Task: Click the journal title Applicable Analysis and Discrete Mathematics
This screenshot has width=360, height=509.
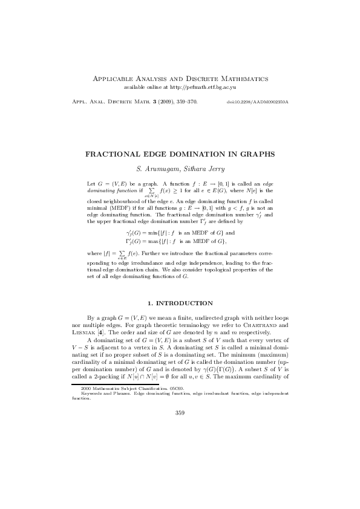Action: coord(180,79)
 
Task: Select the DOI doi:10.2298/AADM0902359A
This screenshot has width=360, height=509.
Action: coord(257,102)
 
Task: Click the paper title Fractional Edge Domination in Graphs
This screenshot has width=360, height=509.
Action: coord(180,154)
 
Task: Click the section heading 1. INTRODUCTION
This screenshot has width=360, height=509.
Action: coord(180,303)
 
